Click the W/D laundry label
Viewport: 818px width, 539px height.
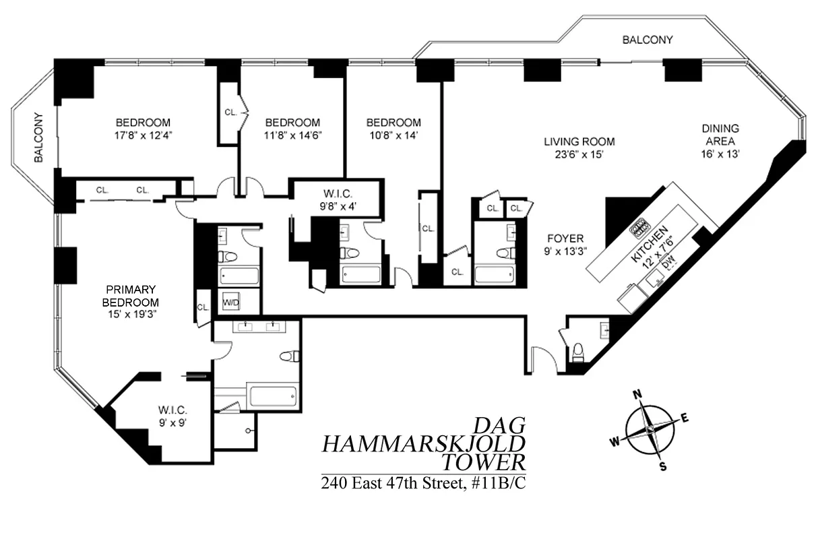point(231,303)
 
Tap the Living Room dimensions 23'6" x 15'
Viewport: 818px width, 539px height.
point(579,154)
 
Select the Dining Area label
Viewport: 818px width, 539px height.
point(720,135)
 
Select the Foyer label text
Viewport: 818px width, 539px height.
point(565,239)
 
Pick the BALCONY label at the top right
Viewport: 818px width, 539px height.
point(647,40)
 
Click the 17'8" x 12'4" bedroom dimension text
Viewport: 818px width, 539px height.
point(143,135)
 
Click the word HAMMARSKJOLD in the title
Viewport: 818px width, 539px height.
point(423,444)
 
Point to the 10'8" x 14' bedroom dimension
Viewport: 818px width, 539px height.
point(393,135)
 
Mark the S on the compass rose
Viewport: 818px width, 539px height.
point(662,466)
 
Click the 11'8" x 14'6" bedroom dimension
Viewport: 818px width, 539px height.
point(292,135)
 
